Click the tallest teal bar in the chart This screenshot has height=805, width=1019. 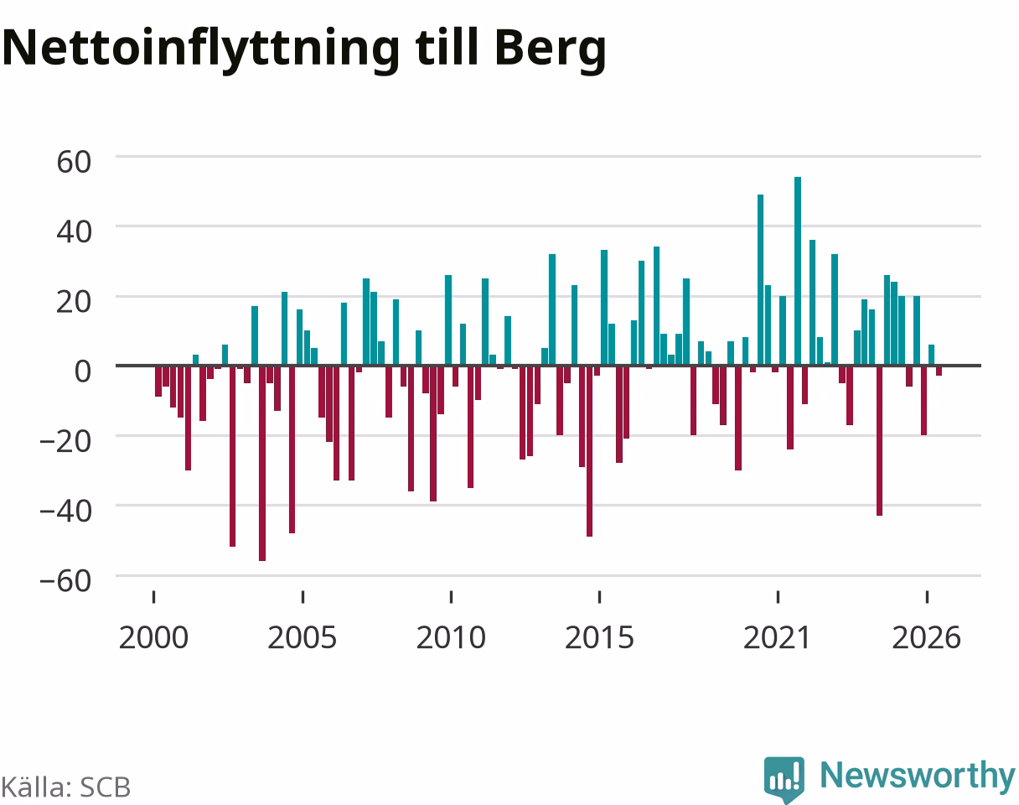click(798, 271)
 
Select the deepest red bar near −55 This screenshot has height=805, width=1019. click(261, 464)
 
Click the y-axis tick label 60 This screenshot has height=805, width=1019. click(74, 162)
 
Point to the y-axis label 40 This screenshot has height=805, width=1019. click(74, 232)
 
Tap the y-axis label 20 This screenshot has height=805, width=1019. click(74, 302)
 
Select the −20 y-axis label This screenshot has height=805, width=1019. click(65, 442)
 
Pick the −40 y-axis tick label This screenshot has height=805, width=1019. click(65, 512)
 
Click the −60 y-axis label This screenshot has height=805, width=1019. click(65, 581)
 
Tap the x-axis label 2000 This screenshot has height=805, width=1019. click(153, 638)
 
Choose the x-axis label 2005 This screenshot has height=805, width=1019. click(303, 638)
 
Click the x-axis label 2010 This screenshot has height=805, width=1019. click(451, 638)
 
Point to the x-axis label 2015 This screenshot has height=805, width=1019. click(599, 638)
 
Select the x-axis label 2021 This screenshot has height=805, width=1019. click(778, 638)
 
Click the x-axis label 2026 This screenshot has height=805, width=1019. click(926, 638)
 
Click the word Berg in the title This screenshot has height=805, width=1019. click(551, 49)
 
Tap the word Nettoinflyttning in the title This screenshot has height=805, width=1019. click(201, 49)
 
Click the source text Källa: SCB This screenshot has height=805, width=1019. click(66, 787)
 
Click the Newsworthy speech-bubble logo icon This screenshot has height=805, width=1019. click(784, 778)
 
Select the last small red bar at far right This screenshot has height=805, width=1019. click(939, 371)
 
